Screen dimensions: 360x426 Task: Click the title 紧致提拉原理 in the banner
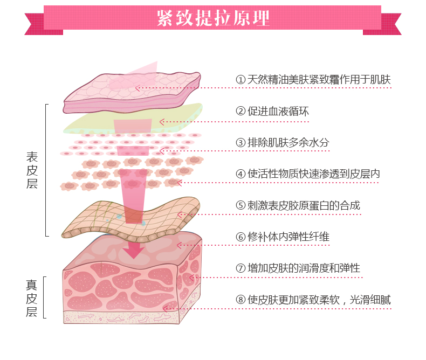(x=213, y=18)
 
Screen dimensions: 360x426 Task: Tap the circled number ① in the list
(x=241, y=80)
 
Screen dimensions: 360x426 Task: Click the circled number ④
(x=241, y=174)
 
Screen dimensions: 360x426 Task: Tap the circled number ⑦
(x=241, y=268)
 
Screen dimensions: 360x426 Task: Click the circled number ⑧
(x=241, y=300)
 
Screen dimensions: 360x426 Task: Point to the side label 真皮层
(x=32, y=298)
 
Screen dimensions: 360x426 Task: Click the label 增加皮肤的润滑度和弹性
(x=304, y=268)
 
